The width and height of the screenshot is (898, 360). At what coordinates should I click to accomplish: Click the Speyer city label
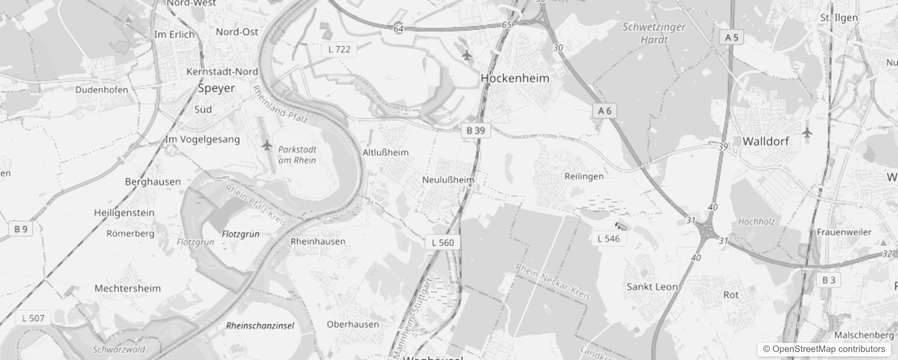pos(216,88)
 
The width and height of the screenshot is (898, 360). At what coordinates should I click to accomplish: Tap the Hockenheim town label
pos(515,78)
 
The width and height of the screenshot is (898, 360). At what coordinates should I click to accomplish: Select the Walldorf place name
pos(766,141)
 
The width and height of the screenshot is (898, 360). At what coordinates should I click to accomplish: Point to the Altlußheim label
pos(386,153)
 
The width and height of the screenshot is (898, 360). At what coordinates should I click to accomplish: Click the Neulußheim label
pos(448,180)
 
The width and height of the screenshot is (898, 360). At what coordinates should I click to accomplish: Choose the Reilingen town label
pos(584,176)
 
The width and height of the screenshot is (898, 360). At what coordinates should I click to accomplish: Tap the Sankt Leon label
pos(652,287)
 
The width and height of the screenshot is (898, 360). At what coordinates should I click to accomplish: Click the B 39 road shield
pos(476,130)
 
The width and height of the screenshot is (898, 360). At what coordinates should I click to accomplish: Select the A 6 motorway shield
pos(605,111)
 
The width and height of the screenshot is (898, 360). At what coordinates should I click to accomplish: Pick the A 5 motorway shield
pos(732,37)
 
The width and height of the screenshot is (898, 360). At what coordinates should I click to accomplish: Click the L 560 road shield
pos(443,243)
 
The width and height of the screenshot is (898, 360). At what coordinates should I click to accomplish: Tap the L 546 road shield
pos(609,238)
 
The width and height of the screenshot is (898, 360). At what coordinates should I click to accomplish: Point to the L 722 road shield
pos(339,49)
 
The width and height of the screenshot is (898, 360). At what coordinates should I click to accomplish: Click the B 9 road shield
pos(21,229)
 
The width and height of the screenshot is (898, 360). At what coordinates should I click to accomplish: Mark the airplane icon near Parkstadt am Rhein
pos(267,145)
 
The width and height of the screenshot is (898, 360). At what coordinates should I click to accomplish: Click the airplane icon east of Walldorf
pos(808,133)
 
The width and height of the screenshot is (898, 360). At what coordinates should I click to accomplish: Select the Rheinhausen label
pos(318,241)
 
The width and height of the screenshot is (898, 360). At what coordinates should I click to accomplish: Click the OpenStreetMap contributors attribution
pos(824,349)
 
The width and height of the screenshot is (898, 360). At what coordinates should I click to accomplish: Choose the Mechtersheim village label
pos(127,288)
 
